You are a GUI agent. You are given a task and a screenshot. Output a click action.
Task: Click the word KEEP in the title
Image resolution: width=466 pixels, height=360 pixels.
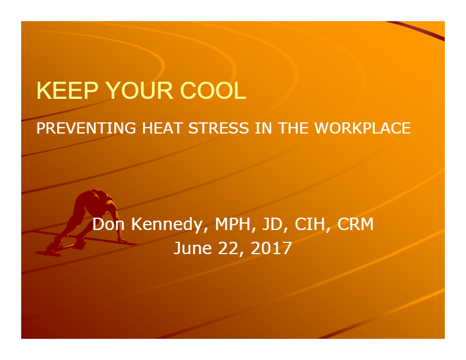(x=67, y=91)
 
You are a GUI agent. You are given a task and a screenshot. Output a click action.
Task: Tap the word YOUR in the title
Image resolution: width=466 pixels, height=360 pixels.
(x=139, y=91)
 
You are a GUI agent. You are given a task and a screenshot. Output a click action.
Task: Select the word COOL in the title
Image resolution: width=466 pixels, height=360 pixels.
(x=213, y=91)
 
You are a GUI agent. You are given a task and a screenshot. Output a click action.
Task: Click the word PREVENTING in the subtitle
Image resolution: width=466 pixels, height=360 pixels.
(x=86, y=128)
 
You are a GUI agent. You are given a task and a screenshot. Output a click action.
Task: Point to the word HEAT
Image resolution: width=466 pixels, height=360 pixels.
(x=162, y=128)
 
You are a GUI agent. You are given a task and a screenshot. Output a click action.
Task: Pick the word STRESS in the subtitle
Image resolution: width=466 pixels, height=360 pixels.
(x=218, y=128)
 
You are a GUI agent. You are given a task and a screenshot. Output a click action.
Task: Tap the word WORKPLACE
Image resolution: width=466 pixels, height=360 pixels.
(x=362, y=128)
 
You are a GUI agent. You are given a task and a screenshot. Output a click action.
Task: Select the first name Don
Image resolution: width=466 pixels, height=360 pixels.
(x=108, y=224)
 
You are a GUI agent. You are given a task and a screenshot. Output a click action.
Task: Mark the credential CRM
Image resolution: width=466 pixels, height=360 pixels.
(x=355, y=224)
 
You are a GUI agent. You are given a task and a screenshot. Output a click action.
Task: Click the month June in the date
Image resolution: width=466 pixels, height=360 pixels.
(x=192, y=248)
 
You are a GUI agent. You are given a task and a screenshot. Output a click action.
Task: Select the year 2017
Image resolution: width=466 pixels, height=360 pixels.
(x=271, y=248)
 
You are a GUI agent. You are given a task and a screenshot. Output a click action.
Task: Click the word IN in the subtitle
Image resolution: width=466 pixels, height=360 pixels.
(x=264, y=128)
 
